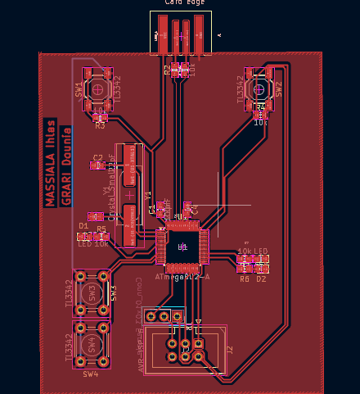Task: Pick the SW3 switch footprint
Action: pyautogui.click(x=92, y=293)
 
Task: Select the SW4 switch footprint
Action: pyautogui.click(x=92, y=342)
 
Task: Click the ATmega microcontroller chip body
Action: pyautogui.click(x=182, y=246)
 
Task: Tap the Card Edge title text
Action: pyautogui.click(x=184, y=3)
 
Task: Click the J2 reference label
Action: pyautogui.click(x=230, y=350)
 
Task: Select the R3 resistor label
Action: pyautogui.click(x=100, y=127)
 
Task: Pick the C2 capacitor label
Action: pyautogui.click(x=97, y=156)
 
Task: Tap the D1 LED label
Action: pyautogui.click(x=83, y=225)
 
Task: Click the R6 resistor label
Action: pyautogui.click(x=244, y=279)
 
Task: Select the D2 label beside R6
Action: pyautogui.click(x=261, y=279)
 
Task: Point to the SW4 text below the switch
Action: pyautogui.click(x=90, y=374)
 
